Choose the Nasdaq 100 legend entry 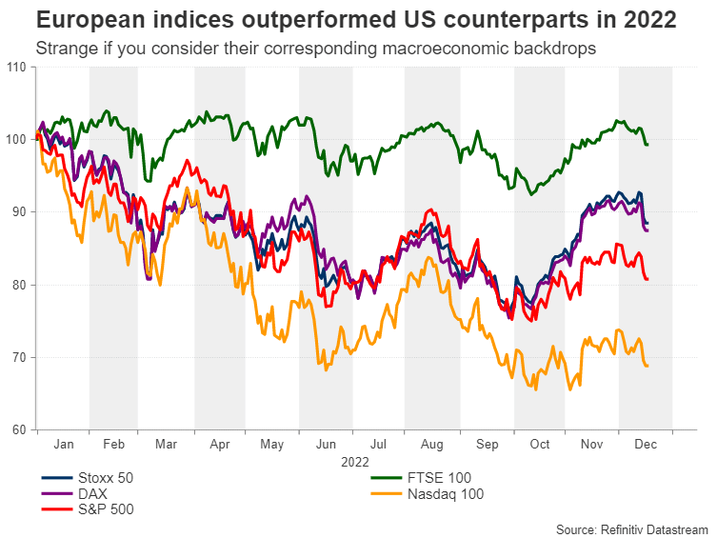tap(445, 493)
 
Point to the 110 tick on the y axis tap(15, 67)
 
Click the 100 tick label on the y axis tap(15, 139)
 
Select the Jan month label tap(64, 444)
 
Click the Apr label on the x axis tap(220, 444)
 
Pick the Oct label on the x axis tap(541, 444)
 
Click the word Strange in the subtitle tap(63, 49)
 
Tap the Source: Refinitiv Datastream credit tap(632, 528)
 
